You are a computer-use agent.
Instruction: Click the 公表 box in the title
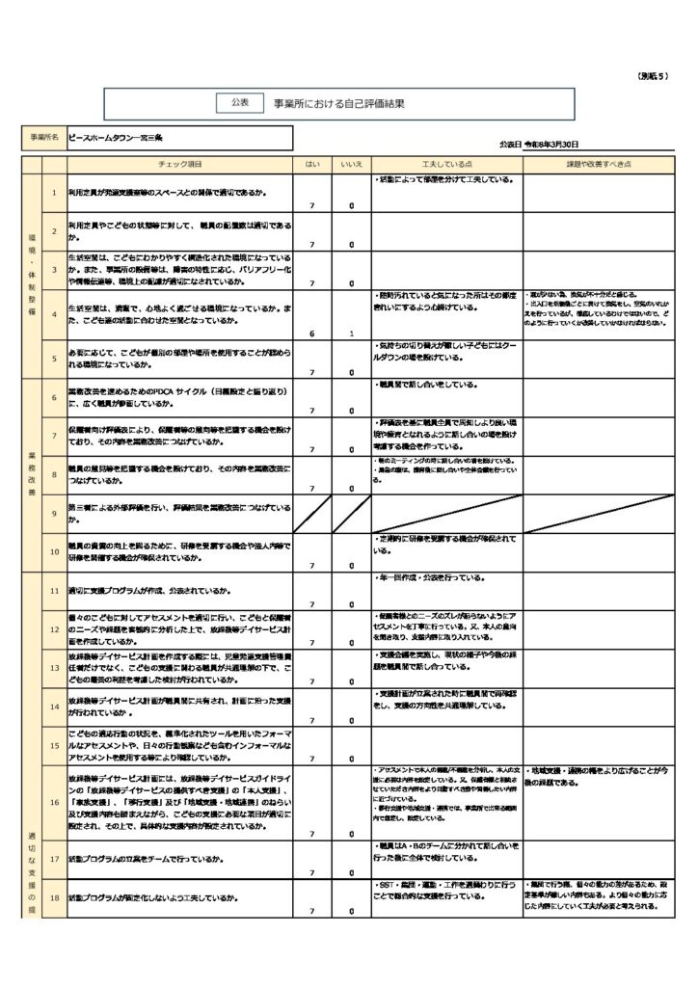tap(240, 101)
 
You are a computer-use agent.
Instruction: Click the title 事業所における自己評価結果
tap(337, 102)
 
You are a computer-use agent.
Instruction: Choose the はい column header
tap(312, 165)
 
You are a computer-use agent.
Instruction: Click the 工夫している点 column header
tap(446, 165)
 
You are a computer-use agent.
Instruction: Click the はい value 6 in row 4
tap(312, 333)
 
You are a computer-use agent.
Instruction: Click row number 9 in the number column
tap(54, 513)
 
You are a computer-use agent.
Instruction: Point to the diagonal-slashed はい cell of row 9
tap(312, 513)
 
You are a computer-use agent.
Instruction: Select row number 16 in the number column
tap(54, 801)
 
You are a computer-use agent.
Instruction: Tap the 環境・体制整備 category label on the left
tap(31, 275)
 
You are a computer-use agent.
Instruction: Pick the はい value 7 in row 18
tap(312, 910)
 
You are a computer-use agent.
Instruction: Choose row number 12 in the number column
tap(54, 628)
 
